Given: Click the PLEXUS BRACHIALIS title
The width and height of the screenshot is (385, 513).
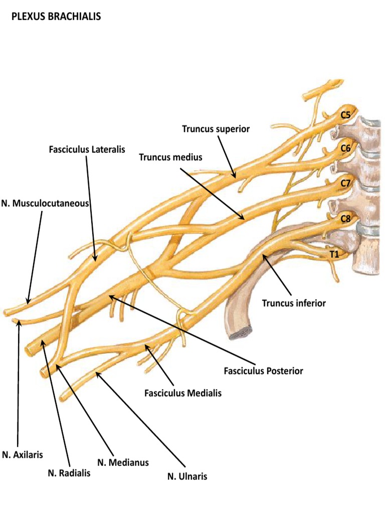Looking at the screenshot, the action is click(56, 17).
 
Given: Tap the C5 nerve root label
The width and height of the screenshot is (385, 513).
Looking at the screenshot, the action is click(345, 115).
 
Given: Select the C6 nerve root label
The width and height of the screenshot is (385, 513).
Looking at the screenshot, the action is click(345, 148).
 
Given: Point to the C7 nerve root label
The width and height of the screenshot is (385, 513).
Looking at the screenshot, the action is click(345, 183).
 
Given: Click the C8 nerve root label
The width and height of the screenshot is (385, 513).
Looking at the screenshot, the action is click(345, 218).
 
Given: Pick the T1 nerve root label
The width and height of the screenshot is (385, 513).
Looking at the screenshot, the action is click(334, 254).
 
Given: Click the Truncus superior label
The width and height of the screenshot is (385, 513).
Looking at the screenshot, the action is click(216, 129).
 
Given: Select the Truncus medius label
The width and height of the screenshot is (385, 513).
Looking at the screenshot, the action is click(170, 157).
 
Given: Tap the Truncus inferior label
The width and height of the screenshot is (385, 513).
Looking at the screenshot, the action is click(294, 303).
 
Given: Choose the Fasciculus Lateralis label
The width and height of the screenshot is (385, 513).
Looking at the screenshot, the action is click(87, 149).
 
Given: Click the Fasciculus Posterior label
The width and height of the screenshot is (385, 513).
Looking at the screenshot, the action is click(264, 371).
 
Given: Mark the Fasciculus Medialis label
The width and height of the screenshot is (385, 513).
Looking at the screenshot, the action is click(183, 393).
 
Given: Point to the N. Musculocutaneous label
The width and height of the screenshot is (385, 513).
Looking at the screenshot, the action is click(45, 203).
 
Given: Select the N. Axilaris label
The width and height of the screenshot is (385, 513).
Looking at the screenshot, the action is click(22, 455).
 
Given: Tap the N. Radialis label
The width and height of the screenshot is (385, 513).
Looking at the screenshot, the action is click(69, 473).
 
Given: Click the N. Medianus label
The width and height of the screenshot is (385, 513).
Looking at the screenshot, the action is click(123, 462).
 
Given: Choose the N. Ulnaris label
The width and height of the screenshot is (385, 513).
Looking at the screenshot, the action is click(187, 476).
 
